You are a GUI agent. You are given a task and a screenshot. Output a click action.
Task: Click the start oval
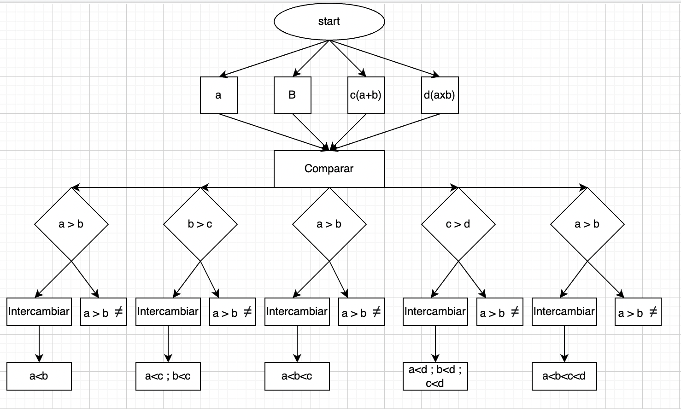(x=329, y=22)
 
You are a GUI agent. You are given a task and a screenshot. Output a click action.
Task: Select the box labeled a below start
(x=218, y=95)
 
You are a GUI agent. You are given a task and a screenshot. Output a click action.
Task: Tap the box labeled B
(x=292, y=95)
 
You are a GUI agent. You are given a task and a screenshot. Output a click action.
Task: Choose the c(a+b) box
(x=366, y=95)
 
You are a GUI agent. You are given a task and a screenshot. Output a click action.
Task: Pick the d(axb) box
(x=440, y=95)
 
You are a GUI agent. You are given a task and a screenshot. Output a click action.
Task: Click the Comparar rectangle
(x=329, y=169)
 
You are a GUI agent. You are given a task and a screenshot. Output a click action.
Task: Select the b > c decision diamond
(x=200, y=224)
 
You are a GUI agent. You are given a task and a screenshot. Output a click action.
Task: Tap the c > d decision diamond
(x=458, y=224)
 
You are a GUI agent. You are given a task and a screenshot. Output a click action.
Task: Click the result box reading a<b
(x=39, y=376)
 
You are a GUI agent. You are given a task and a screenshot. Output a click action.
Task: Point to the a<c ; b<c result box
(x=168, y=376)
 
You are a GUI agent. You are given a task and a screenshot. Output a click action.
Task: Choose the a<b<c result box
(x=297, y=376)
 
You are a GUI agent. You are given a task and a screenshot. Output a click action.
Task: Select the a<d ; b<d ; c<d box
(x=435, y=376)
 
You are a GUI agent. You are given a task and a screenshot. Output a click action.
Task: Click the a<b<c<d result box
(x=564, y=376)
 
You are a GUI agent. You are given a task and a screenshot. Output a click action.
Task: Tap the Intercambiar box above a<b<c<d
(x=564, y=312)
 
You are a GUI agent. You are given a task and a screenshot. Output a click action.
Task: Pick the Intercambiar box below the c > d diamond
(x=435, y=312)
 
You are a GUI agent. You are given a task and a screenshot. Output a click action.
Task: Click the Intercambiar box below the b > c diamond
(x=168, y=312)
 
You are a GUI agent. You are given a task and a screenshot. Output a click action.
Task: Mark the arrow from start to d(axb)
(x=385, y=58)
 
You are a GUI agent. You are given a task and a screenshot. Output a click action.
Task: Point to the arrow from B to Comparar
(x=311, y=132)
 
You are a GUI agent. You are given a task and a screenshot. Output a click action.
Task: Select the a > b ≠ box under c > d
(x=499, y=312)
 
